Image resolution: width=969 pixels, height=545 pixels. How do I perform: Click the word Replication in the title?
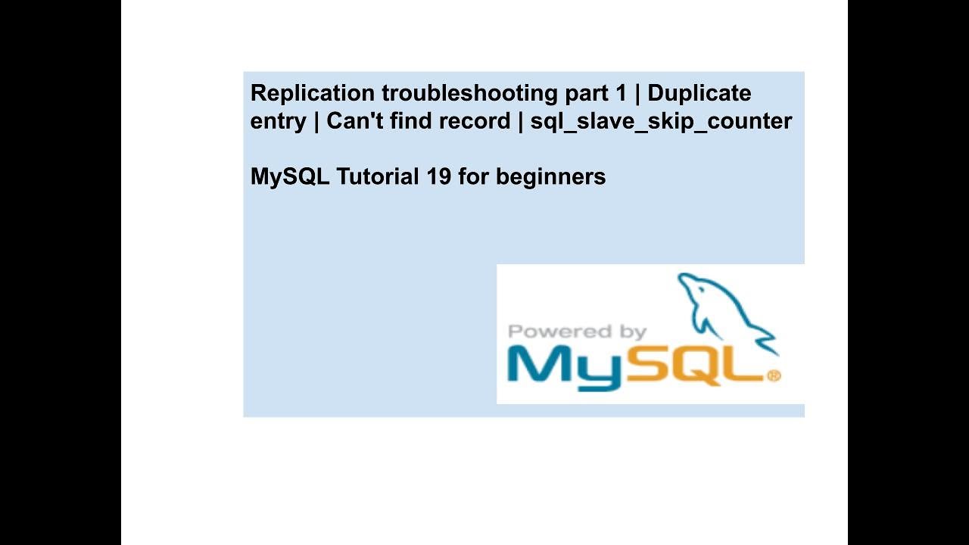(313, 93)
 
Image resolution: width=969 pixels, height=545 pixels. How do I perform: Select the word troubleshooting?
(470, 93)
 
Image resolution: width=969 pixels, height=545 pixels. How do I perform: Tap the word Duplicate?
(699, 93)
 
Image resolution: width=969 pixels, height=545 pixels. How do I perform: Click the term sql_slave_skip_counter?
(661, 121)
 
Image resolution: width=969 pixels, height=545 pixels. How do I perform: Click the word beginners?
(550, 177)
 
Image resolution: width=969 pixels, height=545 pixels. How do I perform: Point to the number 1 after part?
(622, 93)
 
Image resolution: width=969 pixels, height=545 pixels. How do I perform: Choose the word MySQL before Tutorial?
(290, 177)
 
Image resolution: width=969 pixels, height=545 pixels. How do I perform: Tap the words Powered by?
(577, 332)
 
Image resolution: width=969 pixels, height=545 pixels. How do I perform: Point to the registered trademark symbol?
(773, 375)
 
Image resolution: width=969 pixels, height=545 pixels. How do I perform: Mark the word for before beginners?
(474, 176)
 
